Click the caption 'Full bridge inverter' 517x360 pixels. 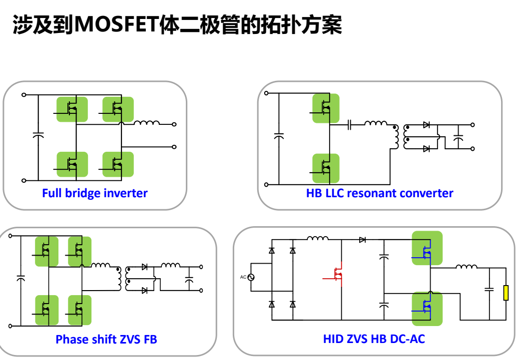pos(94,193)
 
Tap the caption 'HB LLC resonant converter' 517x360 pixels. pos(380,193)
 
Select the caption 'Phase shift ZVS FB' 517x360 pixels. pos(106,339)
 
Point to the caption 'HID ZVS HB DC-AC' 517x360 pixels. pos(374,339)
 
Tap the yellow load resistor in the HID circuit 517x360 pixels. pos(506,293)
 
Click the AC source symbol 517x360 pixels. pos(251,277)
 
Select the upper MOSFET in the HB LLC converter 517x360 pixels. pos(326,108)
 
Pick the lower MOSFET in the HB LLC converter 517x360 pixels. pos(326,168)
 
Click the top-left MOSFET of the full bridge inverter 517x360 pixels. pos(72,109)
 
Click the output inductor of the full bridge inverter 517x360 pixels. pos(146,123)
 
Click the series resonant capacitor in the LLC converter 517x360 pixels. pos(350,125)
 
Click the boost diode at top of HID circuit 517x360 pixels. pos(362,240)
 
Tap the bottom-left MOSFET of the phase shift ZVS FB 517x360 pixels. pos(46,310)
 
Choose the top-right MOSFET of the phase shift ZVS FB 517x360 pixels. pos(79,251)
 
